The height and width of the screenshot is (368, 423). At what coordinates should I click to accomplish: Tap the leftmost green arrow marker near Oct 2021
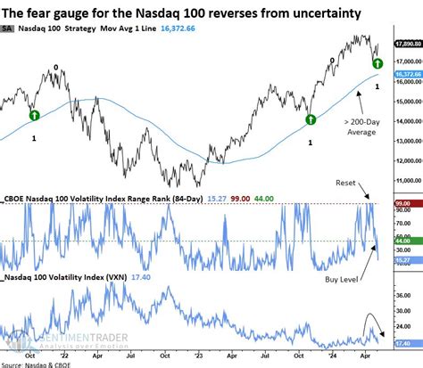[33, 113]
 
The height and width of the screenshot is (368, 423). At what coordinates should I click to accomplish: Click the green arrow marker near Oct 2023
[311, 119]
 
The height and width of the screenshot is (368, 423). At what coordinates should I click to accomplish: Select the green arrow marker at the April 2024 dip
[378, 64]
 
